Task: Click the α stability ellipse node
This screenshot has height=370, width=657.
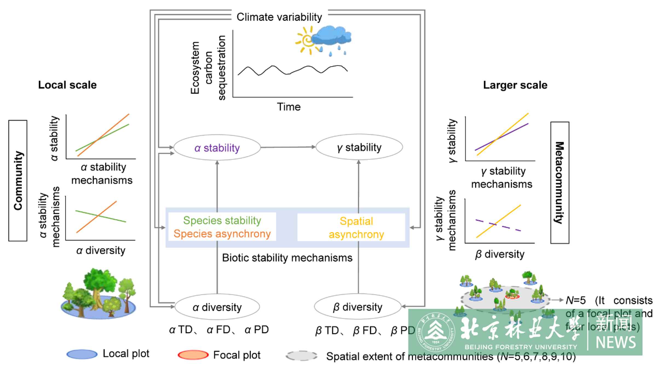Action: [x=217, y=148]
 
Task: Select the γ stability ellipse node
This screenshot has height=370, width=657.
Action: [x=359, y=147]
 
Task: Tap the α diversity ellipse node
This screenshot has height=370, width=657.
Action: [x=217, y=307]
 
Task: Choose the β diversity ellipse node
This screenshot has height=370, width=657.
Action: [x=358, y=307]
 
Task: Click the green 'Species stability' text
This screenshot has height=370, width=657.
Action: [x=222, y=220]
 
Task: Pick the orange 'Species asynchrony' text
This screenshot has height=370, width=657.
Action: [x=222, y=234]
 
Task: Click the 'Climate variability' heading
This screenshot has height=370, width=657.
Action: [x=279, y=17]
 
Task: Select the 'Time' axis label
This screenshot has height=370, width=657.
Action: [x=289, y=107]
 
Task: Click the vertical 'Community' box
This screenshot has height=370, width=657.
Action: [x=18, y=181]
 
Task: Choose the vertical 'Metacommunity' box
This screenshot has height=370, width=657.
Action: [x=560, y=183]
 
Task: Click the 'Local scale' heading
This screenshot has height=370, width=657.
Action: [x=67, y=85]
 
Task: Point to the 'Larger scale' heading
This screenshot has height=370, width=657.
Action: [x=515, y=85]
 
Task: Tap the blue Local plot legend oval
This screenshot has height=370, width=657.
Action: [x=82, y=354]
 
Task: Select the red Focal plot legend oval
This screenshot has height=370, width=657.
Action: [x=193, y=355]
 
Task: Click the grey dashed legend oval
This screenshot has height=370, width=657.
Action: [x=301, y=356]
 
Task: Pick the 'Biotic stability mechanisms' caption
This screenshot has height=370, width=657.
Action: [x=287, y=258]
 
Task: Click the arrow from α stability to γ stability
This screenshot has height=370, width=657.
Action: [x=287, y=147]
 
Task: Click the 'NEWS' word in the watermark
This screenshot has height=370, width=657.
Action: [x=616, y=342]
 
